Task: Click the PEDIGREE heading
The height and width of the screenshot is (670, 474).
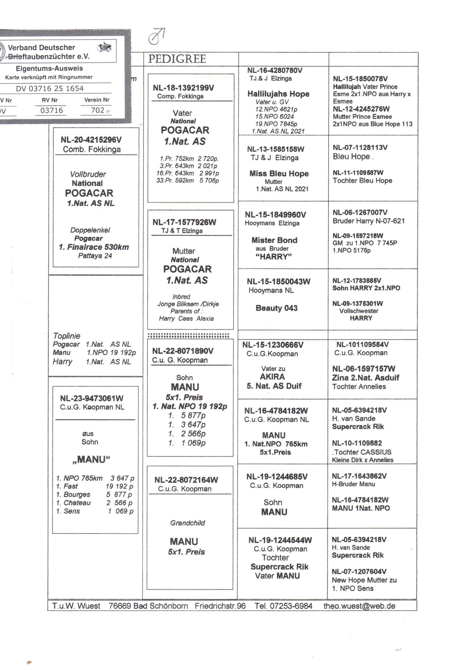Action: (x=177, y=59)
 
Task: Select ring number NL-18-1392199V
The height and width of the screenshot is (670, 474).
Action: (x=183, y=88)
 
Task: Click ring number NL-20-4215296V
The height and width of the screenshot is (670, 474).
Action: (x=91, y=140)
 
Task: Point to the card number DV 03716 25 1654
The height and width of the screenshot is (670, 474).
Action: (x=50, y=89)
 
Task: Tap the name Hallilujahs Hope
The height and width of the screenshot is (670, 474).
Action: (x=278, y=94)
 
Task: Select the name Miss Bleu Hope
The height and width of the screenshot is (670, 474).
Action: (x=279, y=173)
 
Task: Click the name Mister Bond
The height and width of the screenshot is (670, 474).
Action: (x=274, y=240)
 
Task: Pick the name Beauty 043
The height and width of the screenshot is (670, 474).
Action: (x=276, y=308)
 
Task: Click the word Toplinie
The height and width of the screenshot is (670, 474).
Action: (x=66, y=336)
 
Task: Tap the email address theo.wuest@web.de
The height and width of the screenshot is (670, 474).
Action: (x=359, y=606)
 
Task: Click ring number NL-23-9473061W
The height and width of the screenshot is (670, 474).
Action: (x=92, y=398)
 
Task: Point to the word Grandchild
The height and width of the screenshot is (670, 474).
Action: (x=187, y=523)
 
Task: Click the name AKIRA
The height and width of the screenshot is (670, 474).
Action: (x=272, y=377)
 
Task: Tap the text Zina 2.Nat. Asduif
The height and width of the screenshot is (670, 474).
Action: (x=365, y=378)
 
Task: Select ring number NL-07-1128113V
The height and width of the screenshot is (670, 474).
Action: (x=360, y=148)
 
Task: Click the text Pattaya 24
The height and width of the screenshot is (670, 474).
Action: (x=95, y=256)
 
